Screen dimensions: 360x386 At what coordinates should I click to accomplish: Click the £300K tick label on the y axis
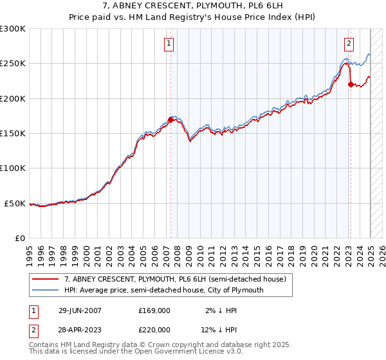[13, 29]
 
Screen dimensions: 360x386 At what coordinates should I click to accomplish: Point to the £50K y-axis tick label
[15, 203]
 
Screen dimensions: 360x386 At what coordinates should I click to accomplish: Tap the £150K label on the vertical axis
[13, 134]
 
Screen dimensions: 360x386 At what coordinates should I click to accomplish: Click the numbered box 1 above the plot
[169, 44]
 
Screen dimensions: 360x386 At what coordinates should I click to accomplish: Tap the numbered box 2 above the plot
[349, 44]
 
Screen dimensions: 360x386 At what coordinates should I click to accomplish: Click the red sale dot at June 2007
[170, 120]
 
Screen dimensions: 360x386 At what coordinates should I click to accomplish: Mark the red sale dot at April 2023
[351, 84]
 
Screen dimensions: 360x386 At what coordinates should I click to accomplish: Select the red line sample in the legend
[46, 279]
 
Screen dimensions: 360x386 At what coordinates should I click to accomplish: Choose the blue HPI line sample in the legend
[46, 290]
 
